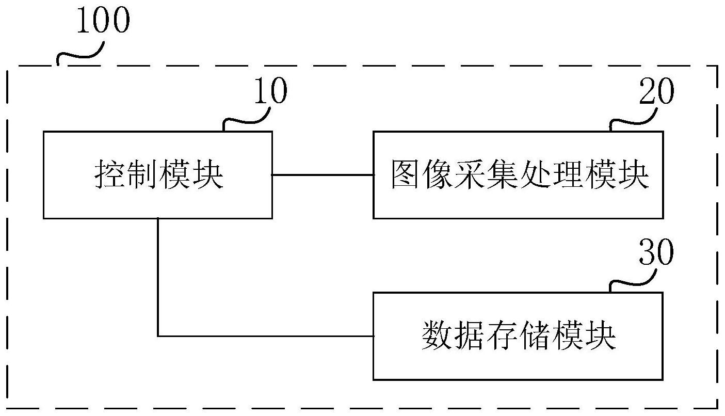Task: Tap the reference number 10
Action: (269, 93)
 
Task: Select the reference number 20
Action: (656, 93)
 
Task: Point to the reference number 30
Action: (656, 253)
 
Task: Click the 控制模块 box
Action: (157, 175)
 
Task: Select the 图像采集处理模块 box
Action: (518, 175)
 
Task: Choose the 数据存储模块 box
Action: (518, 336)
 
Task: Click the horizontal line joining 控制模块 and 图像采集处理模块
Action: (323, 175)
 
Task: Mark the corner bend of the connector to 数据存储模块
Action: (158, 336)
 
